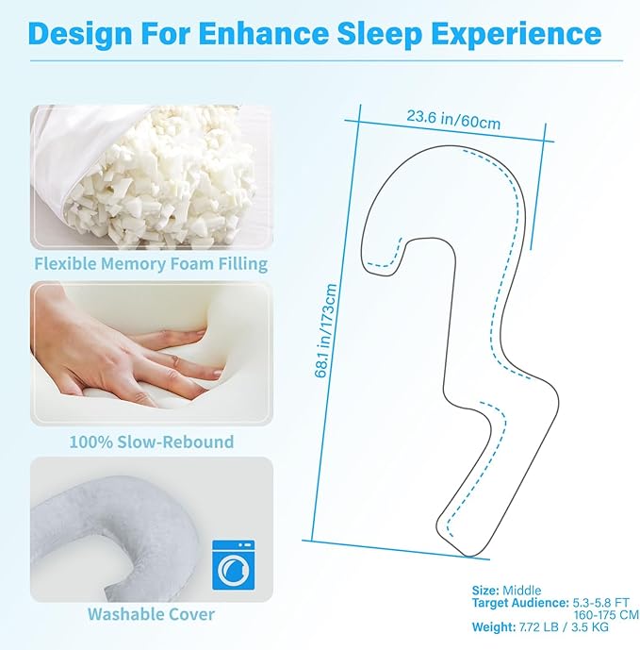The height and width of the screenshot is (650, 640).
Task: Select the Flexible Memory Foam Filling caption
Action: [151, 263]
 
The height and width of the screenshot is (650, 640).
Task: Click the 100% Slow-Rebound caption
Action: [151, 441]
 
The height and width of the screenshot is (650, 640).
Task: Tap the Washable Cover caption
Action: [151, 614]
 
